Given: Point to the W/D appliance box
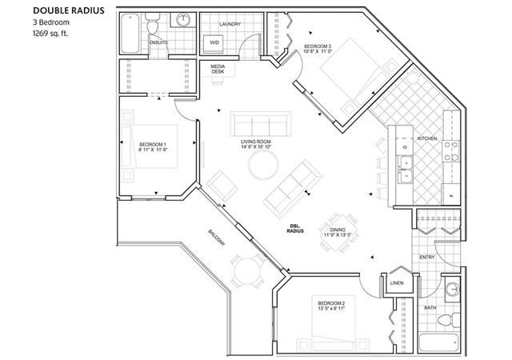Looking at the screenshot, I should click(x=215, y=42).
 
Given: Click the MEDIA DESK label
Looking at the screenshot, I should click(x=218, y=69).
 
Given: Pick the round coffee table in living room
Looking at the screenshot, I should click(x=262, y=166).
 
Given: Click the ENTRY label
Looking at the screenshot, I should click(x=427, y=257).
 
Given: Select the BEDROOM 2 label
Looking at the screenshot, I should click(x=330, y=305).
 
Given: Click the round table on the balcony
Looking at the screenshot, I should click(x=247, y=270).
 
